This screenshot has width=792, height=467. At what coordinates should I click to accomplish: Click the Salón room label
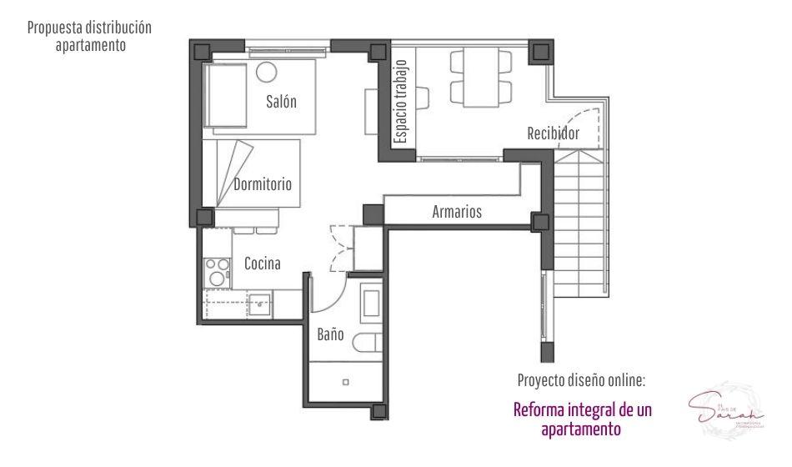[282, 103]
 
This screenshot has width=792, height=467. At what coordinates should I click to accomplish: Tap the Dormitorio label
[263, 184]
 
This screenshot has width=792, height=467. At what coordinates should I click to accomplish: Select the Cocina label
[262, 264]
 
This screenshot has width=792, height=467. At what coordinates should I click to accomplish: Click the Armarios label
[457, 212]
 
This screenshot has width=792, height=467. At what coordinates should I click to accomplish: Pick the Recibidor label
[553, 133]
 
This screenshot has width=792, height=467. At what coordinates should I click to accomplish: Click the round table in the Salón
[266, 72]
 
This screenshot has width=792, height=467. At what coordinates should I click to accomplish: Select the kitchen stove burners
[217, 271]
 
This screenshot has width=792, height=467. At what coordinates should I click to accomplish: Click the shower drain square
[346, 382]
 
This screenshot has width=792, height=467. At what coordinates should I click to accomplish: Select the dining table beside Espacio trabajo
[481, 78]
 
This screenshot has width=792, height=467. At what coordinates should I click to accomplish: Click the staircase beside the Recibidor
[581, 225]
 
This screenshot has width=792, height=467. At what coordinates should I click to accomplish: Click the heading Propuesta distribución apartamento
[90, 36]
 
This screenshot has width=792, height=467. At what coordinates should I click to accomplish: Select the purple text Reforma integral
[582, 419]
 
